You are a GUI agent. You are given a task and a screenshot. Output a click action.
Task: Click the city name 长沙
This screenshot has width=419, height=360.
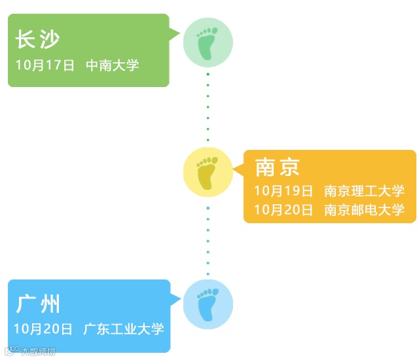[37, 40]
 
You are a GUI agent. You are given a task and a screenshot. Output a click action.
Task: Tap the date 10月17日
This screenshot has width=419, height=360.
[45, 65]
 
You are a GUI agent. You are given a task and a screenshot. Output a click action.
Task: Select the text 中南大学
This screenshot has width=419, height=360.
[112, 65]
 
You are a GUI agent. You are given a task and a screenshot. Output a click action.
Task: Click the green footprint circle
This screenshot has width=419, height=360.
[208, 42]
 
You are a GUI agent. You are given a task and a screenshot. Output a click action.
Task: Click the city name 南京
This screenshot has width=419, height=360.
[278, 168]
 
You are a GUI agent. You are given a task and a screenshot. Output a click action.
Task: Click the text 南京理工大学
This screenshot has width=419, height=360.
[365, 191]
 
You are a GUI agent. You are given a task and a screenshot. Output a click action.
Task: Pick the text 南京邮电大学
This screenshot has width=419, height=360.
[365, 210]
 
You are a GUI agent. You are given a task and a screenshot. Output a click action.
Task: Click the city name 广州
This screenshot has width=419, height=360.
[39, 304]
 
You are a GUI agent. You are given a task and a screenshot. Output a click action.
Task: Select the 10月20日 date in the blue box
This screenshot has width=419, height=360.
[43, 329]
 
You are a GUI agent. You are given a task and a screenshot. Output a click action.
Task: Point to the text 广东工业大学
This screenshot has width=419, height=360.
[124, 329]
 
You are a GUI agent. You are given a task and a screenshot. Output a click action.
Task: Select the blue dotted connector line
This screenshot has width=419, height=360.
[208, 240]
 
